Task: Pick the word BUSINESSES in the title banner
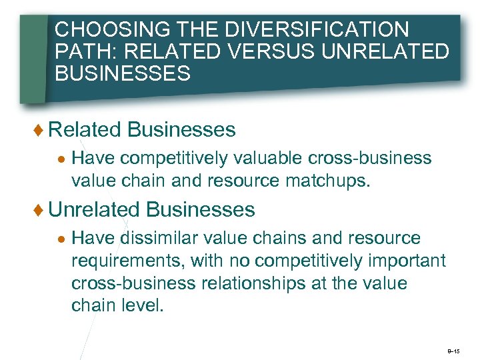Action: (123, 73)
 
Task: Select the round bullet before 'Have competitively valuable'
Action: (61, 159)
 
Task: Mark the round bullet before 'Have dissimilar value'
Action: (61, 239)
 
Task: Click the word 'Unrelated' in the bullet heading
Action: (94, 210)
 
